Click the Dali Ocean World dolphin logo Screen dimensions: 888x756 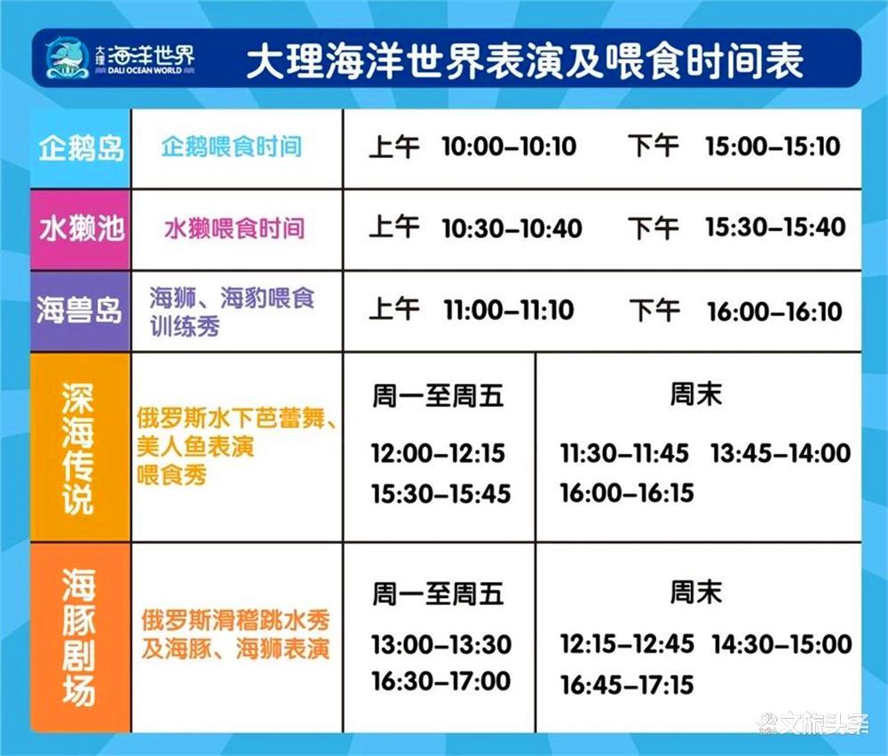pyautogui.click(x=67, y=59)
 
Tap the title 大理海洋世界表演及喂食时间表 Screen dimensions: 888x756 pyautogui.click(x=525, y=60)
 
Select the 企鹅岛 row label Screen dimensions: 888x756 pyautogui.click(x=81, y=147)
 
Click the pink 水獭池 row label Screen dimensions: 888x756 pyautogui.click(x=81, y=229)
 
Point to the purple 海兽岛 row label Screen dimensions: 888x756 pyautogui.click(x=79, y=311)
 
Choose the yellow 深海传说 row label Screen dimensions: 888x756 pyautogui.click(x=77, y=448)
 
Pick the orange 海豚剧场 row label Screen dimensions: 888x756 pyautogui.click(x=78, y=637)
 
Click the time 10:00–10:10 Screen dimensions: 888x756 pyautogui.click(x=509, y=147)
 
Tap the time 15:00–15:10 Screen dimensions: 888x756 pyautogui.click(x=773, y=147)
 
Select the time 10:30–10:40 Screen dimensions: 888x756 pyautogui.click(x=512, y=228)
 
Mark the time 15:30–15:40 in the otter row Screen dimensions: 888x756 pyautogui.click(x=775, y=227)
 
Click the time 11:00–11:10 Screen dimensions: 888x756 pyautogui.click(x=509, y=310)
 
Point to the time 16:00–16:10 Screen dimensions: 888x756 pyautogui.click(x=774, y=312)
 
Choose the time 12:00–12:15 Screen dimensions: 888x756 pyautogui.click(x=438, y=453)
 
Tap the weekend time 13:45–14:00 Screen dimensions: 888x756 pyautogui.click(x=781, y=453)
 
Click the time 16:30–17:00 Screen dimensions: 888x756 pyautogui.click(x=441, y=680)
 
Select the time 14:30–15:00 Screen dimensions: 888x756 pyautogui.click(x=782, y=644)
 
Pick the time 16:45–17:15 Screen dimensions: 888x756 pyautogui.click(x=627, y=685)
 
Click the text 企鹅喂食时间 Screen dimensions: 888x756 pyautogui.click(x=232, y=147)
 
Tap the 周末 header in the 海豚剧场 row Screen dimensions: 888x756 pyautogui.click(x=696, y=593)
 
